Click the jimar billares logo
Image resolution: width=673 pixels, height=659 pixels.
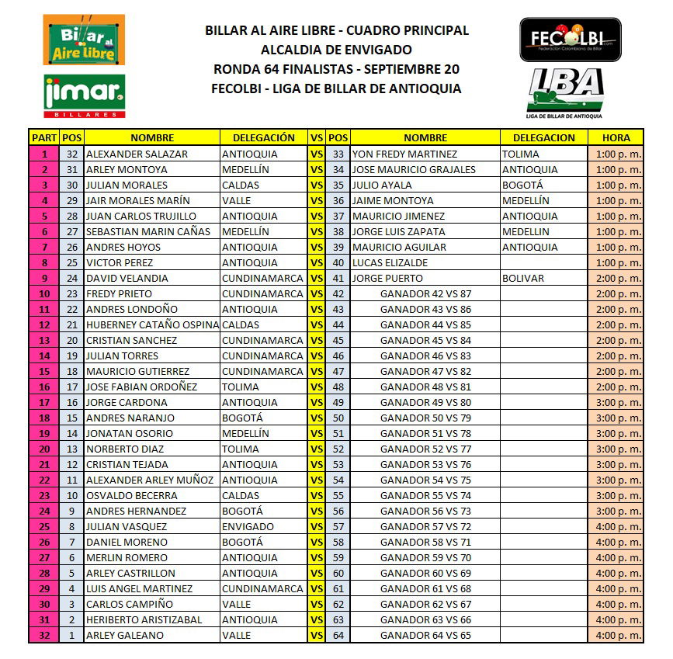point(85,95)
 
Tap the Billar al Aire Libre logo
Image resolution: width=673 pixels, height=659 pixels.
point(83,40)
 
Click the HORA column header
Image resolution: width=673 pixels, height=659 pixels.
point(616,137)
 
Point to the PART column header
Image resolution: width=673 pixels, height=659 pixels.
point(43,137)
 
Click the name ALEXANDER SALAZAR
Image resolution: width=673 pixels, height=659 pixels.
point(137,154)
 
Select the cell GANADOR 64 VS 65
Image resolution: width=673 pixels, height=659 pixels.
point(425,635)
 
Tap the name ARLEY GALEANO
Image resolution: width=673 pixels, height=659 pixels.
point(125,635)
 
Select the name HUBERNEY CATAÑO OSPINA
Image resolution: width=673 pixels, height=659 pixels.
point(152,324)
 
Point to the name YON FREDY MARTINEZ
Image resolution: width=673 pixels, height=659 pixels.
point(404,154)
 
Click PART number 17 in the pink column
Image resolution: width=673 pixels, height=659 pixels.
point(43,402)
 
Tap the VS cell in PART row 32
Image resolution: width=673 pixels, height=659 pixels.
point(316,635)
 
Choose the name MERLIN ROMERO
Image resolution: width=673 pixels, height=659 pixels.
point(127,557)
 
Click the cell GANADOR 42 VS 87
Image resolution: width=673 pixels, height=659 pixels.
point(425,293)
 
